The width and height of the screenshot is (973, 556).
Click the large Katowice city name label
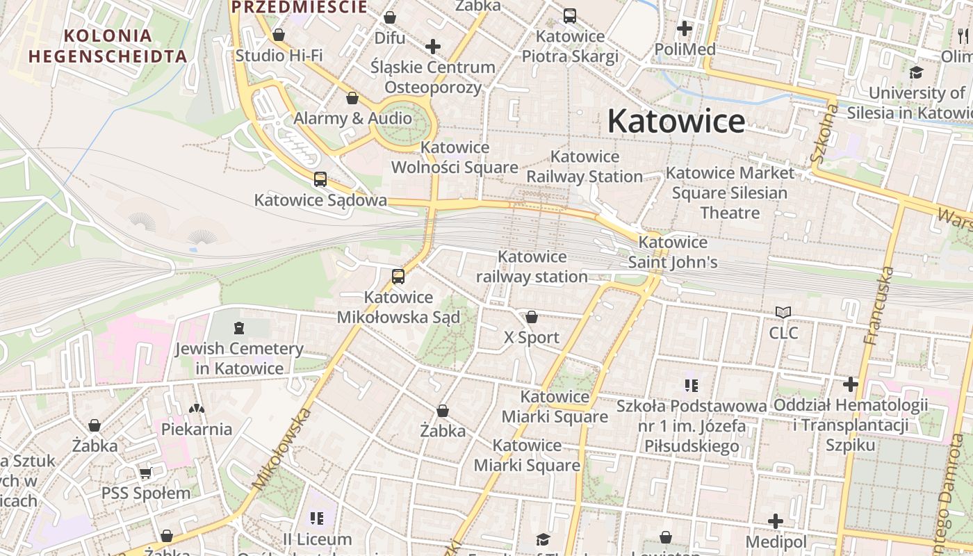click(676, 122)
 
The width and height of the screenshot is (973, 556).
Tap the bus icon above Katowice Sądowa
click(320, 179)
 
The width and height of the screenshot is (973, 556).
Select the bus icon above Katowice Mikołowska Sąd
click(398, 277)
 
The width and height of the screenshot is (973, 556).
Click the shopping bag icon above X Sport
click(532, 317)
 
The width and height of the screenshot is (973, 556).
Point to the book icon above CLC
click(783, 313)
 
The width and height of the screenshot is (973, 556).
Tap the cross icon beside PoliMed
click(685, 28)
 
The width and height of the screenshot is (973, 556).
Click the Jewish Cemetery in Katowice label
click(239, 358)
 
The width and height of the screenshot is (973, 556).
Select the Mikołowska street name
click(281, 449)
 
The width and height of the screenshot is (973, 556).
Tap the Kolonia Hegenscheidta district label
click(108, 46)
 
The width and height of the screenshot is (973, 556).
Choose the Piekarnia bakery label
click(197, 429)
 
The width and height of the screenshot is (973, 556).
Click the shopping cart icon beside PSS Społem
click(145, 473)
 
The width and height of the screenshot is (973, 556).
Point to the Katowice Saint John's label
click(673, 252)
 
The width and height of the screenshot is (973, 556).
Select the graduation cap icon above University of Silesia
click(917, 73)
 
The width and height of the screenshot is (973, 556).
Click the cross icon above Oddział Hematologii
click(851, 384)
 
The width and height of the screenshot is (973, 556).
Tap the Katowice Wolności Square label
click(455, 157)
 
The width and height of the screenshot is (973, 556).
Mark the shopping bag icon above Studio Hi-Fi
click(279, 35)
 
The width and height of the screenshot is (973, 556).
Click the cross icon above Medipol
click(776, 521)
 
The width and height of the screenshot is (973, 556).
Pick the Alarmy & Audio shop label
click(352, 118)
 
